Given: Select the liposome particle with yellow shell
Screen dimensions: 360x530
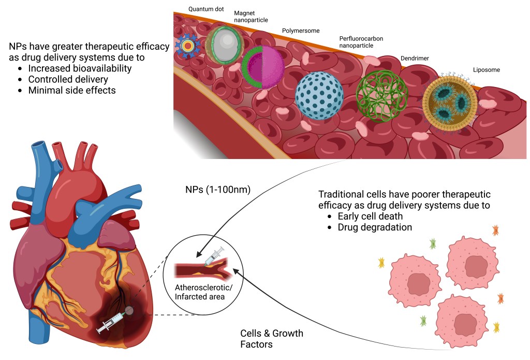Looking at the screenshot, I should point(449,102).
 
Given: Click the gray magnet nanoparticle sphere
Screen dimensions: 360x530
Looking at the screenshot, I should point(225,47).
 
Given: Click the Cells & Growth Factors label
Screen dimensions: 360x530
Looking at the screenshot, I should point(272,339).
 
